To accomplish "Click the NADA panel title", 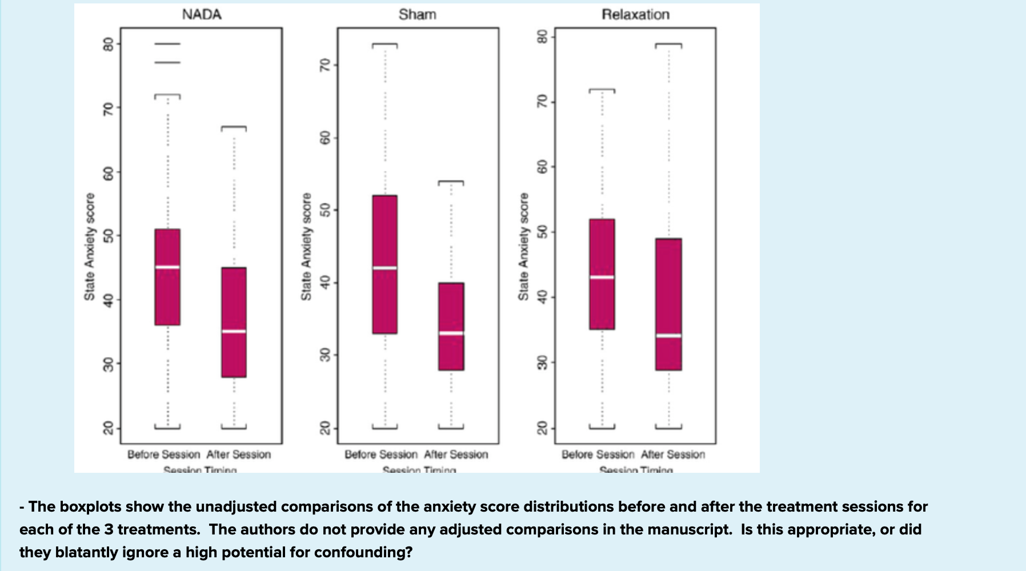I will [x=202, y=15].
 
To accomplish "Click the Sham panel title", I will [x=418, y=15].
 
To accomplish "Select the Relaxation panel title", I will [x=635, y=15].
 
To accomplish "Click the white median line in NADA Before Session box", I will [x=167, y=267].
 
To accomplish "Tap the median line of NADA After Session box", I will [x=234, y=331].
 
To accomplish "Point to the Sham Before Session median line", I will [x=384, y=268].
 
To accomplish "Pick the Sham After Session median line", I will [x=451, y=333].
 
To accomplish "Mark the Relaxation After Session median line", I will [x=668, y=336].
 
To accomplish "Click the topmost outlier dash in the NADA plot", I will [x=167, y=44].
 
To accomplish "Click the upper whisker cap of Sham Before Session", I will [x=384, y=44].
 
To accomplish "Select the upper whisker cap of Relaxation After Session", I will [x=668, y=44].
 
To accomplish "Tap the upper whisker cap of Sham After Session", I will [x=451, y=182].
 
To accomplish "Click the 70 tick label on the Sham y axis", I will [x=324, y=66].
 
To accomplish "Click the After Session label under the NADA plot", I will [x=238, y=455].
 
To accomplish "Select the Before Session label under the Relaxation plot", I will [x=598, y=455].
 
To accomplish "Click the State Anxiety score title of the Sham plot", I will [x=306, y=247].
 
